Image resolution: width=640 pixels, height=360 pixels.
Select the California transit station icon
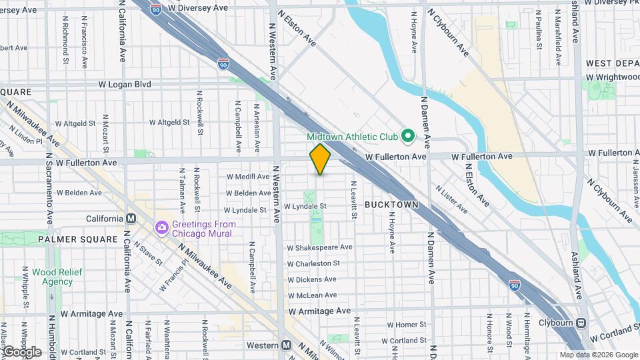[x=131, y=219]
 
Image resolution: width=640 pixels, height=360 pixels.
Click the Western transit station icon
[x=286, y=345]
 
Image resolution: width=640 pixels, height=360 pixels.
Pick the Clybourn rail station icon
[x=581, y=323]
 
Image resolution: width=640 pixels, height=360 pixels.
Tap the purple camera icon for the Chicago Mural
[x=161, y=229]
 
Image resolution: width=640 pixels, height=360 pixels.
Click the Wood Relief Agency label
[x=53, y=277]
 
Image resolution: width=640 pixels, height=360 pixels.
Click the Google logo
[x=21, y=351]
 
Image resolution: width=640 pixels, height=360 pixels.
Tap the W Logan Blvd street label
[x=125, y=85]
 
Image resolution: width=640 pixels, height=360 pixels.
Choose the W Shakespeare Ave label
[x=321, y=247]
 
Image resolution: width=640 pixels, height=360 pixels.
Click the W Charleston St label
[x=318, y=263]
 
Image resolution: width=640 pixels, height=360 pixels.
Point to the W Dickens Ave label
[x=313, y=279]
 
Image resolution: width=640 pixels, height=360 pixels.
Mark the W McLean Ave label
[x=312, y=295]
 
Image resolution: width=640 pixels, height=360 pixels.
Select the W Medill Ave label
[x=248, y=177]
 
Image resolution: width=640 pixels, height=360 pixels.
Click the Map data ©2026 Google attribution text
[x=599, y=355]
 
